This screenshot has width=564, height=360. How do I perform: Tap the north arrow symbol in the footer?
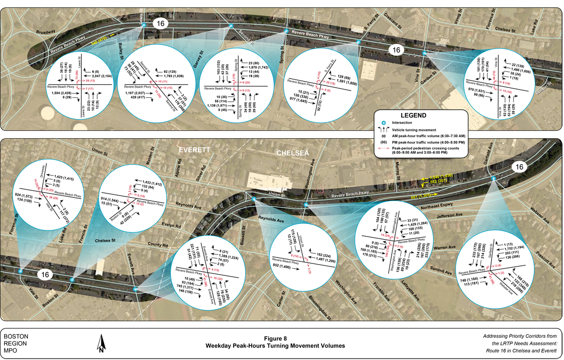[102, 344]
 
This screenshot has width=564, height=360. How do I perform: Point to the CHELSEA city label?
[292, 153]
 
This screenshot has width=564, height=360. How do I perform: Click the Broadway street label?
[46, 32]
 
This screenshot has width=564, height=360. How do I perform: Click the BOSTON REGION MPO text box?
[16, 343]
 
